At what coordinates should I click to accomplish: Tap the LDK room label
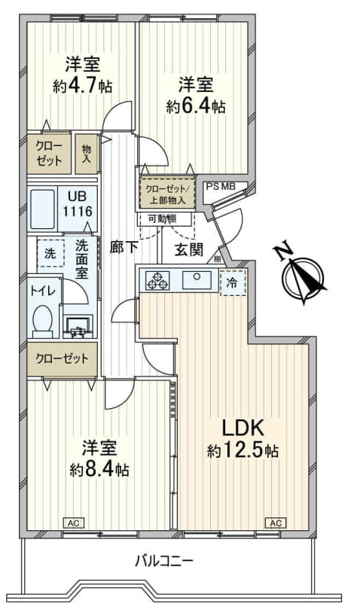[243, 428]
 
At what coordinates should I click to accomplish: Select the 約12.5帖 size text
[243, 451]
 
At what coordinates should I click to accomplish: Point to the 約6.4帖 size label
[196, 106]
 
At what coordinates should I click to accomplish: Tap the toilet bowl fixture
[44, 320]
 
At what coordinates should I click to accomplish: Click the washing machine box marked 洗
[50, 254]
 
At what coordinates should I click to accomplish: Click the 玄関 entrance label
[188, 249]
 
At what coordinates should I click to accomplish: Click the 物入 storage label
[87, 154]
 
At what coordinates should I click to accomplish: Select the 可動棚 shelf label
[163, 218]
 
